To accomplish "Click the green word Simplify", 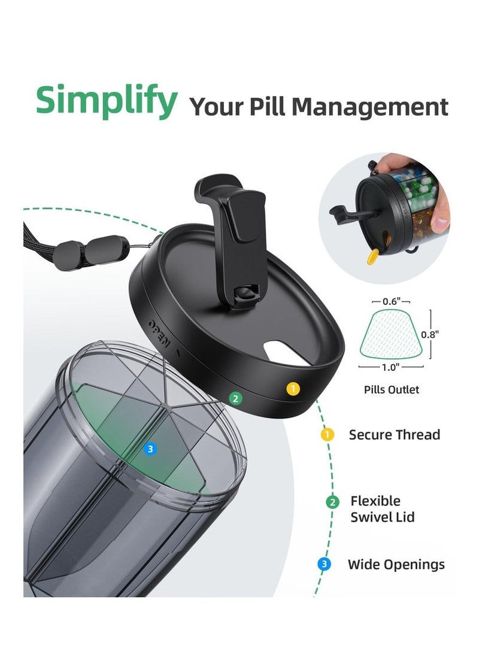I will (x=106, y=101).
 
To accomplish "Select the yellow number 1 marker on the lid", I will (x=292, y=389).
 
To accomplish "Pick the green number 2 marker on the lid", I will (x=235, y=398).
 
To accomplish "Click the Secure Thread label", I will (x=394, y=435).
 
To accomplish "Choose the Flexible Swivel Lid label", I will (x=382, y=509).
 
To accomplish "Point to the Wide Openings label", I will (x=396, y=564).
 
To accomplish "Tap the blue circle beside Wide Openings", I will (x=324, y=564).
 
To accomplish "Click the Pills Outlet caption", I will (x=392, y=390).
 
